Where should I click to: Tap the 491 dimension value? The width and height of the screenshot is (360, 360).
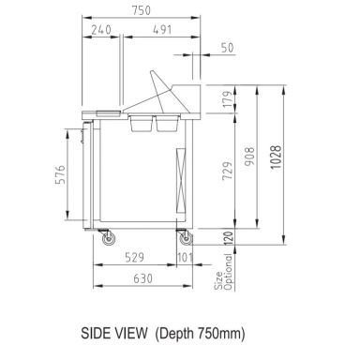(165, 29)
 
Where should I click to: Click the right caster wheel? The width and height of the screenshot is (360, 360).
(183, 240)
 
